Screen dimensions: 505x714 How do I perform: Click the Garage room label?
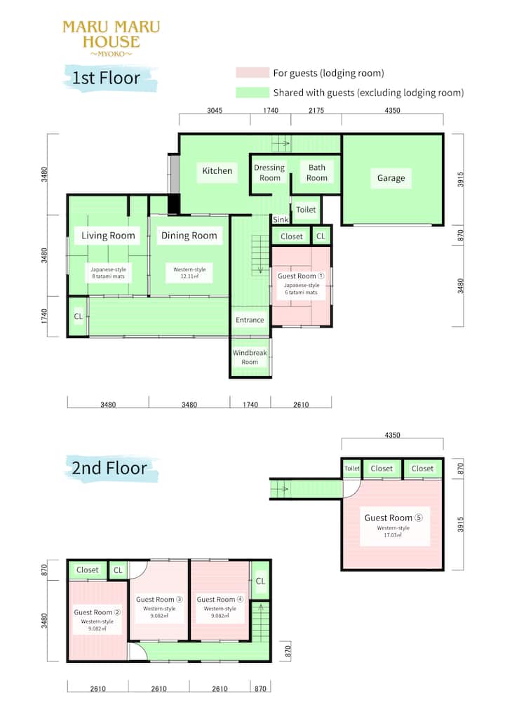pos(391,178)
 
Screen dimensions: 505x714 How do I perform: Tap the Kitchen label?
pos(217,170)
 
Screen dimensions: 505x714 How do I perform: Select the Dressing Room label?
pos(269,173)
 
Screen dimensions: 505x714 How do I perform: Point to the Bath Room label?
pos(317,173)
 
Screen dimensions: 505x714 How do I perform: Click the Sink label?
pos(281,220)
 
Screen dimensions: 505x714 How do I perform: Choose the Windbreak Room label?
pos(250,357)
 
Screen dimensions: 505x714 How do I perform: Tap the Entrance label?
pos(250,320)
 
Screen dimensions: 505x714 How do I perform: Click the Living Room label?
pos(108,236)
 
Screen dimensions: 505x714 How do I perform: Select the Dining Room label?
pos(189,236)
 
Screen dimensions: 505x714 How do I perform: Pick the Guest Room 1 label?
pos(301,276)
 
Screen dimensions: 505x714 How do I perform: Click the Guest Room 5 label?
pos(393,518)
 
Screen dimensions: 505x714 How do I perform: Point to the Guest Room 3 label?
pos(159,599)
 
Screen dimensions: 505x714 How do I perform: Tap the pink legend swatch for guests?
pos(252,72)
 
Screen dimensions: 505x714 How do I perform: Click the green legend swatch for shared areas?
pos(252,93)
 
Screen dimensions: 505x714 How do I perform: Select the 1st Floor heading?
pos(106,78)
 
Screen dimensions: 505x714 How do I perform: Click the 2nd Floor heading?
pos(109,468)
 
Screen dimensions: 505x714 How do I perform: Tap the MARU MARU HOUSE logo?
pos(112,39)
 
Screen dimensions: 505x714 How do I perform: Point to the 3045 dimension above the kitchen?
pos(215,110)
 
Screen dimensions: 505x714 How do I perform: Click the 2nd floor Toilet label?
pos(352,468)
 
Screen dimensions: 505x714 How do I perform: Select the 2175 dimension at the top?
pos(316,110)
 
